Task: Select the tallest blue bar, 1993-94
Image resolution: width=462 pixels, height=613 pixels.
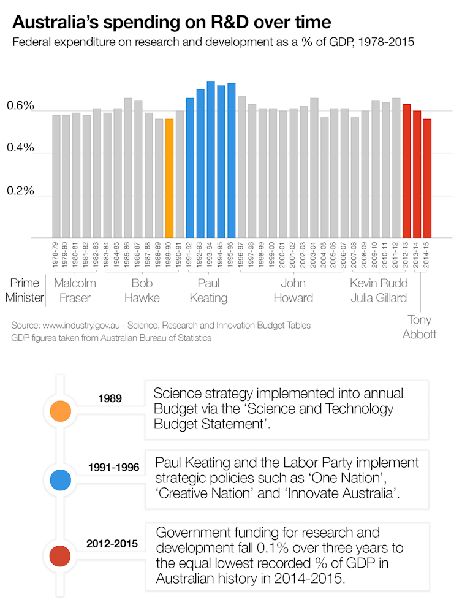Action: [x=211, y=159]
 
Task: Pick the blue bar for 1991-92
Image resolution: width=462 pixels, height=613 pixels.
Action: [x=190, y=167]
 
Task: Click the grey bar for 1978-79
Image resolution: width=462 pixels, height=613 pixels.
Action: [x=56, y=176]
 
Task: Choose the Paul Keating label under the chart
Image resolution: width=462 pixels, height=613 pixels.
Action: [x=208, y=291]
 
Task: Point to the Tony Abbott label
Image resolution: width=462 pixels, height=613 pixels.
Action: [x=420, y=327]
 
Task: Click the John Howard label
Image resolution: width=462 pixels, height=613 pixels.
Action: [x=293, y=291]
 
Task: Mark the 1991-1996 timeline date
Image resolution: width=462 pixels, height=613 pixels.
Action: [x=114, y=468]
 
